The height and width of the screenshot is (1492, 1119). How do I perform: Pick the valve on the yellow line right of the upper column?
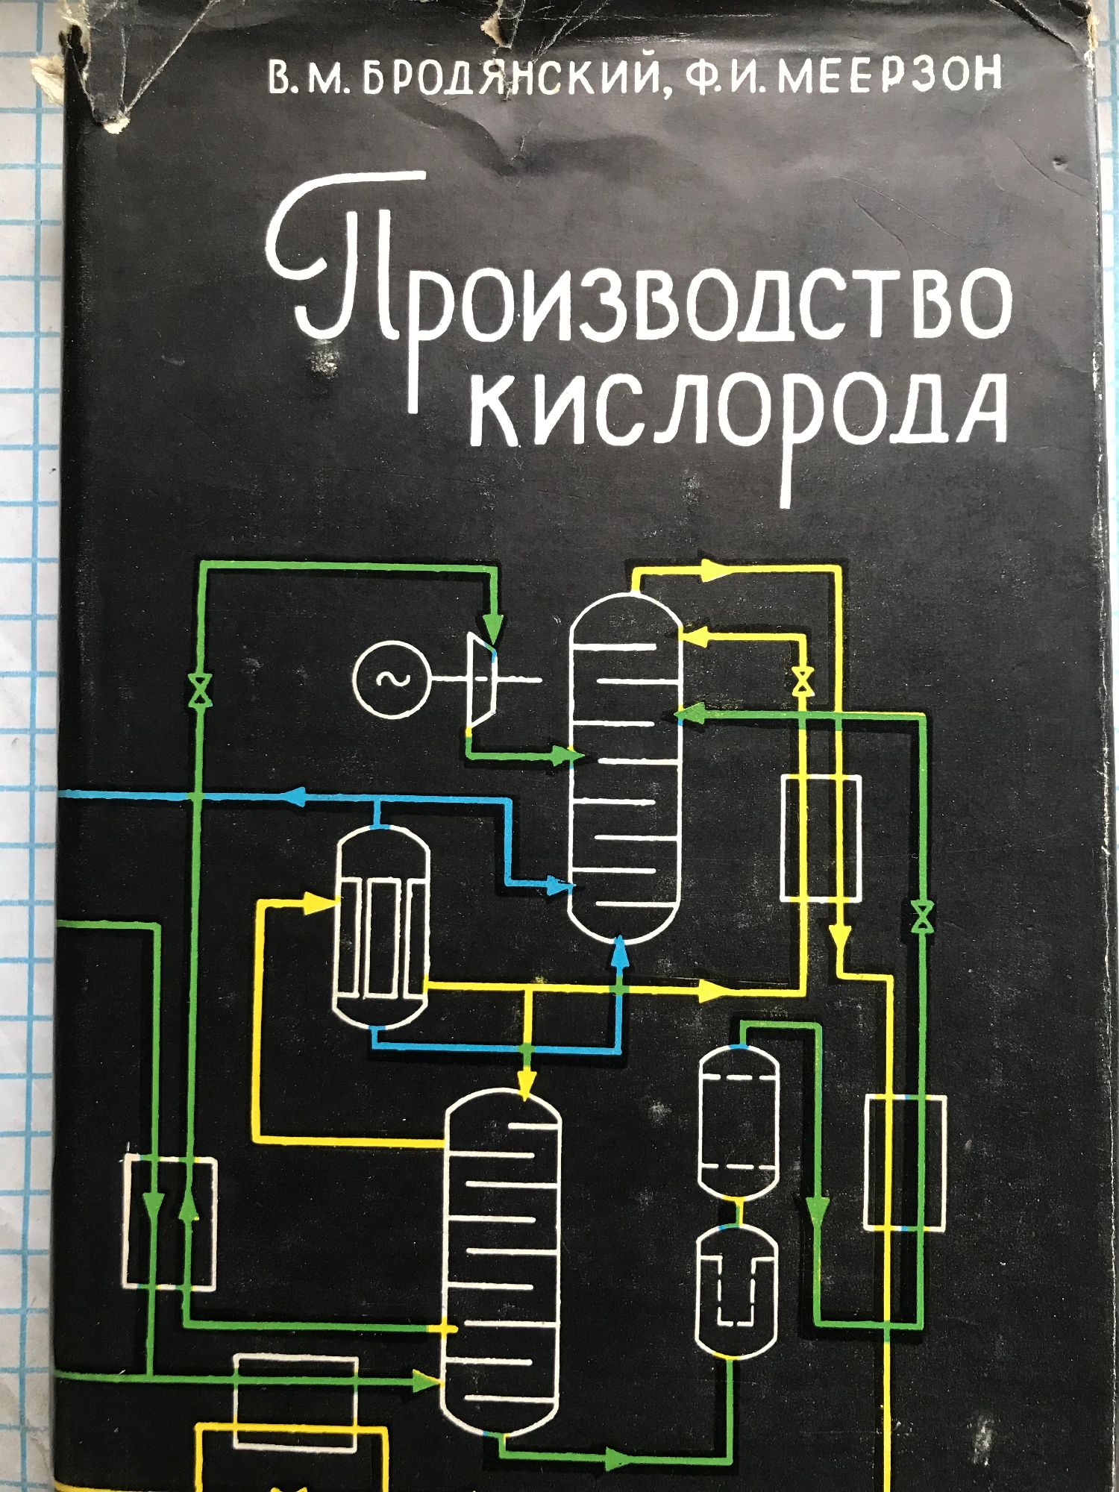803,680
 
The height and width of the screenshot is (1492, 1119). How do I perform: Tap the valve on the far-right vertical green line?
924,915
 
